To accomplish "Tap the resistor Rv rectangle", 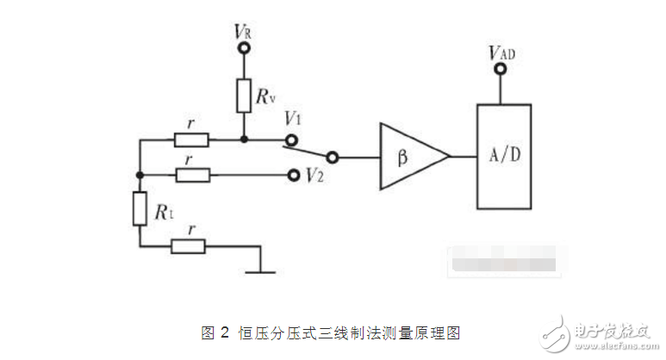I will point(244,94).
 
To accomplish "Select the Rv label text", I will point(266,96).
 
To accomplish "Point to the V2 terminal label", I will point(315,175).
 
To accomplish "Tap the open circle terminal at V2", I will point(293,175).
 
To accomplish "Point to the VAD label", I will point(502,53).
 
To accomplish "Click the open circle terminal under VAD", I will point(497,72).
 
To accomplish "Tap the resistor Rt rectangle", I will point(140,209).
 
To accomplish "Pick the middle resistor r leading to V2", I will point(190,175).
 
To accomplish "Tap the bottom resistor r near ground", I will point(189,246).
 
